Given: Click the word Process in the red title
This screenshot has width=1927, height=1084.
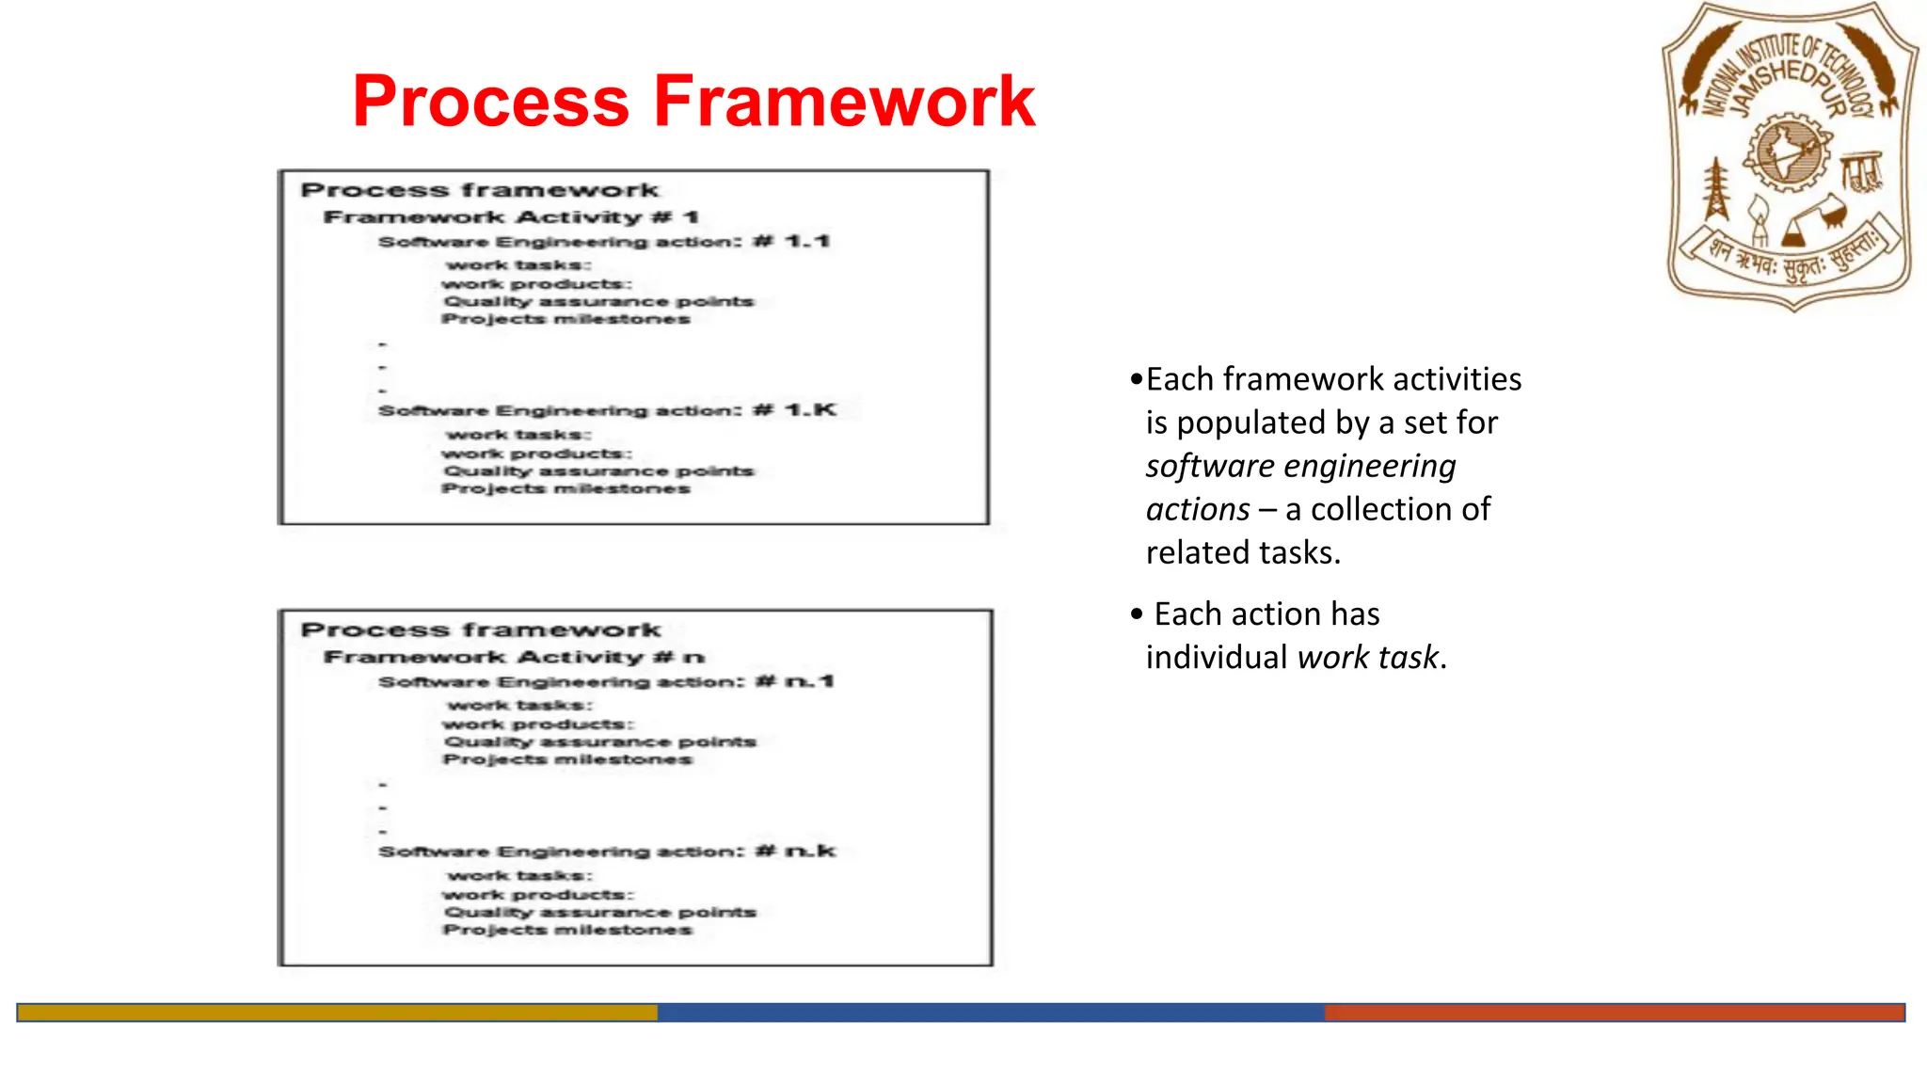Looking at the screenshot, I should click(x=490, y=102).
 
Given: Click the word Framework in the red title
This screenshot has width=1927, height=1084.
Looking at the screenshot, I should click(x=844, y=102).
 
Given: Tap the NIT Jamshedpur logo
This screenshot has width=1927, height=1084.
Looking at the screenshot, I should click(x=1791, y=156).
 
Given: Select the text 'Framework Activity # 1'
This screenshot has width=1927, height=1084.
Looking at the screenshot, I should click(x=511, y=217).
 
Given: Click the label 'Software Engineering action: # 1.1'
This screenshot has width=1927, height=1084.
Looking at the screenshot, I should click(x=604, y=242).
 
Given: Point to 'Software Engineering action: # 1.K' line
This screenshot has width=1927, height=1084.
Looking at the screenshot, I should click(x=607, y=410).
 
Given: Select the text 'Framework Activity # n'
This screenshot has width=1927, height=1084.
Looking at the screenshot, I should click(x=514, y=657).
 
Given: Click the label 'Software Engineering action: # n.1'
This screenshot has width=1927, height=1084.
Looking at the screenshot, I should click(x=606, y=681).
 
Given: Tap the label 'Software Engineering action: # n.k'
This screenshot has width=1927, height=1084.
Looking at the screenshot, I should click(x=607, y=852).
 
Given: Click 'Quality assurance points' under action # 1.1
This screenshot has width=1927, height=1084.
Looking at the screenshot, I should click(x=598, y=301).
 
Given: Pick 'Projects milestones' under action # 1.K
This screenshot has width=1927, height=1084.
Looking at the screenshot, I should click(x=565, y=488).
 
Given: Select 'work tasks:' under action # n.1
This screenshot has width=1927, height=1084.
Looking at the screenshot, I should click(x=519, y=705).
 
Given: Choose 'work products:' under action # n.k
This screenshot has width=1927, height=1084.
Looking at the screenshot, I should click(x=537, y=895).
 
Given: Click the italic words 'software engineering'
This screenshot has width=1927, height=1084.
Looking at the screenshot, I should click(x=1300, y=466).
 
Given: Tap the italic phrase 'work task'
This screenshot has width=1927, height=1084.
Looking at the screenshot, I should click(x=1367, y=657).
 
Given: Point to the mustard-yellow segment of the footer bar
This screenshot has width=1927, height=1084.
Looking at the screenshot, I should click(x=337, y=1012).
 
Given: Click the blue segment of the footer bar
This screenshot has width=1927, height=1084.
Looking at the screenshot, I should click(x=990, y=1012).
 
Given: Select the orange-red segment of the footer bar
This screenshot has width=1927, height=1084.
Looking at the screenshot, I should click(x=1614, y=1012).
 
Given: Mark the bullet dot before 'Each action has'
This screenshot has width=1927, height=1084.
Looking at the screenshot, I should click(x=1137, y=614).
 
